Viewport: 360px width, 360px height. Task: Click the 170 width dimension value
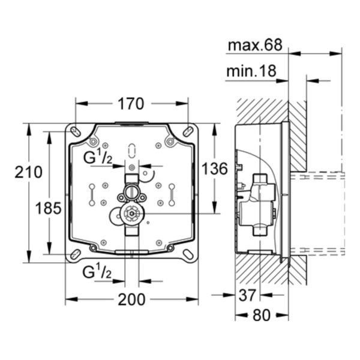pos(131,104)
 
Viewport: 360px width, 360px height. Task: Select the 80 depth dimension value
pos(260,315)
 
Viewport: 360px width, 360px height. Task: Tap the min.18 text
pos(251,71)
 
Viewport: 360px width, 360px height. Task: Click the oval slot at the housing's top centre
pos(131,150)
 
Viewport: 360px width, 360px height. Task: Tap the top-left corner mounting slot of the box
pos(76,131)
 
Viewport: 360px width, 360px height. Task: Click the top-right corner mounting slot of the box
pos(187,131)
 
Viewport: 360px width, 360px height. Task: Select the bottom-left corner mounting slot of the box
pos(76,254)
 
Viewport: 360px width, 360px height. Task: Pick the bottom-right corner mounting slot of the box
pos(187,254)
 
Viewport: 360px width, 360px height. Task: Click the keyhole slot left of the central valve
pos(91,193)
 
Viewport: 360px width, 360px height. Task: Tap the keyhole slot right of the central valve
pos(172,193)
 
